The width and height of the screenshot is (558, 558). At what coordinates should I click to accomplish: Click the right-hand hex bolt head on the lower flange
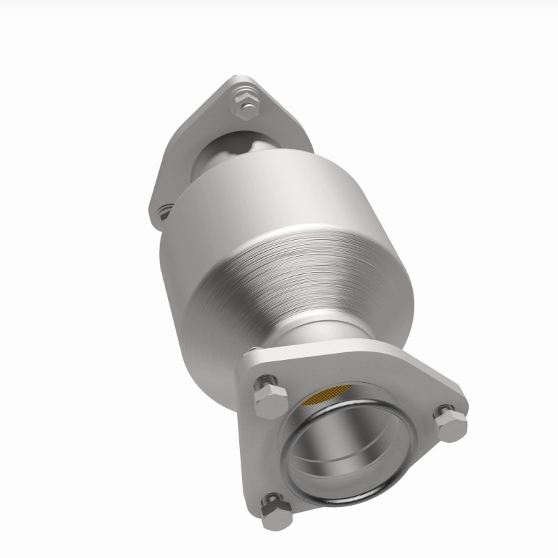[x=449, y=423]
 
